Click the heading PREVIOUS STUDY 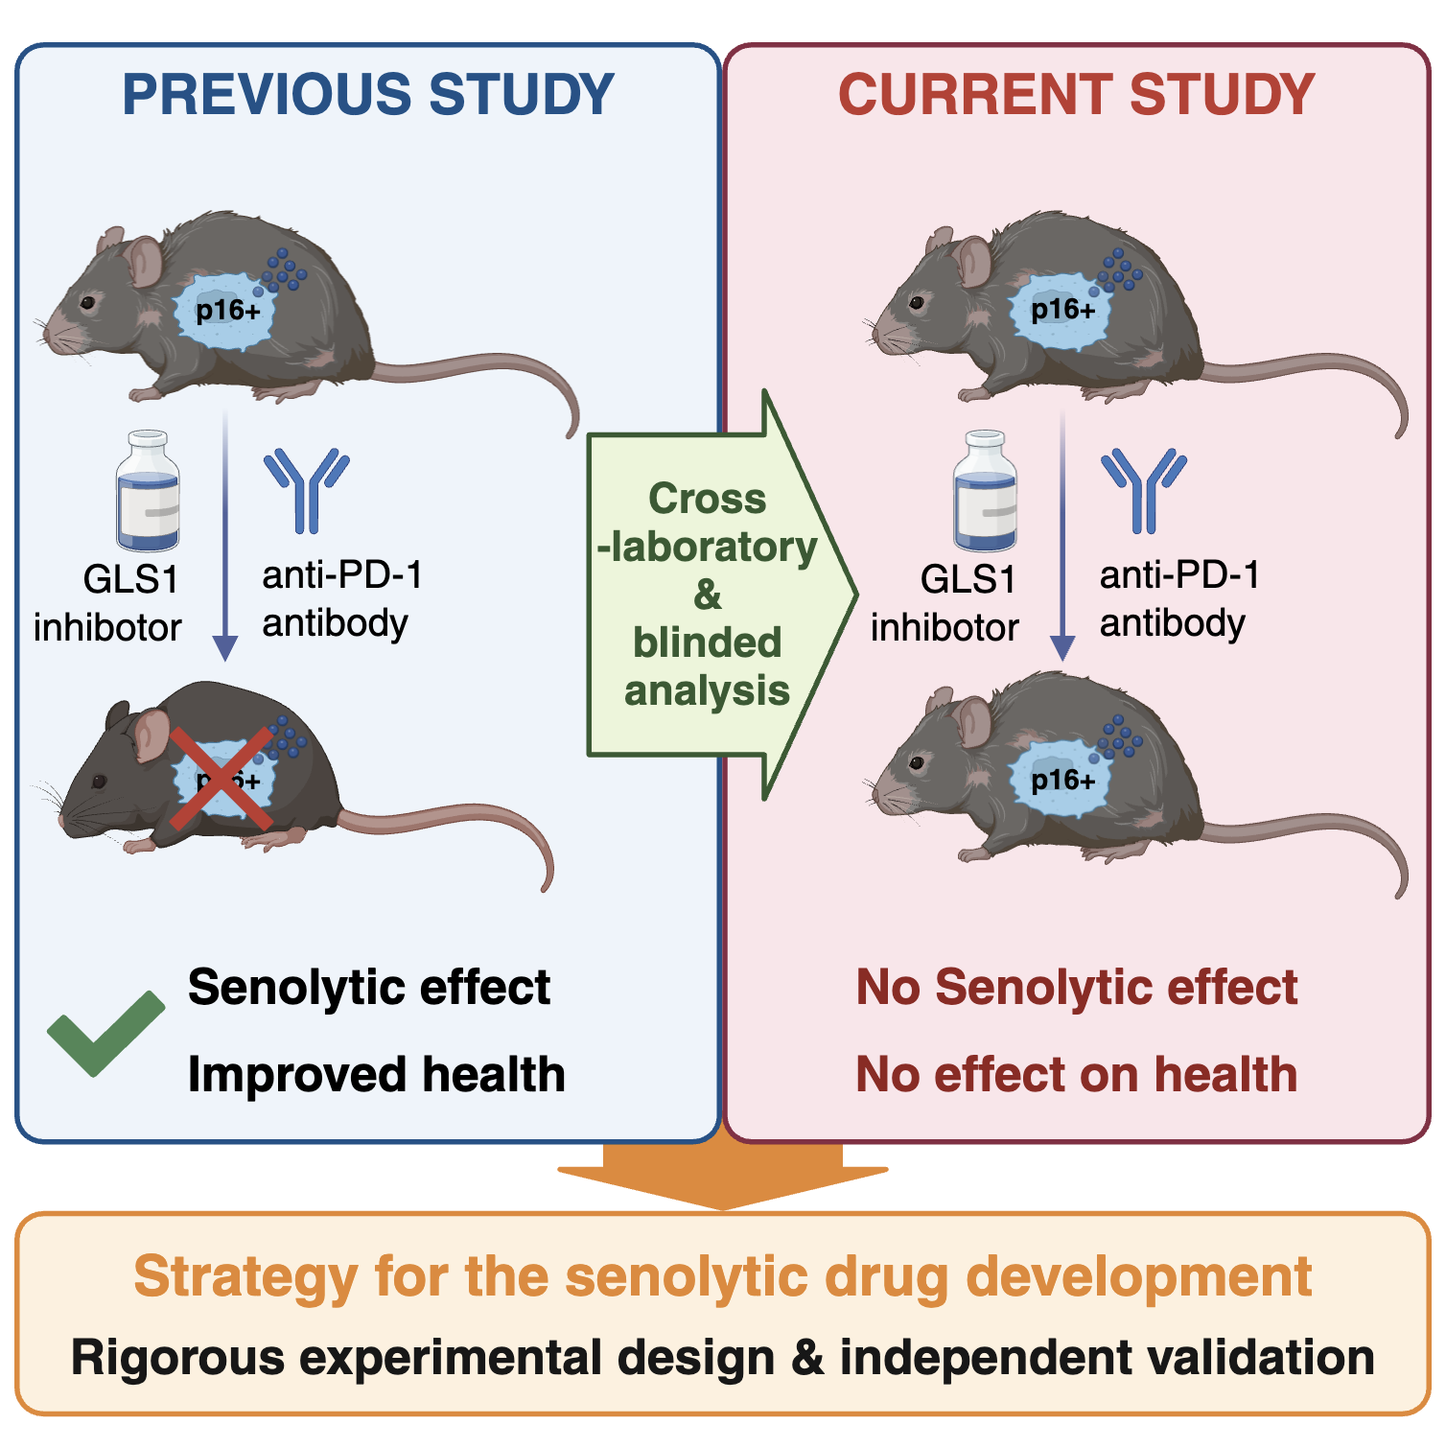pos(368,94)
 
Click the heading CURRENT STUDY pos(1076,94)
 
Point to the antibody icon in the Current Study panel pos(1144,489)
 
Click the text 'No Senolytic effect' pos(1076,987)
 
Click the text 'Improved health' pos(376,1074)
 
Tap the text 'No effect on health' pos(1076,1074)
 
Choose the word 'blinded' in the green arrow pos(707,642)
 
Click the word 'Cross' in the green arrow pos(707,499)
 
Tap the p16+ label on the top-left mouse pos(227,311)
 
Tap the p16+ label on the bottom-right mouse pos(1062,780)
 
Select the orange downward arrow pos(723,1176)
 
